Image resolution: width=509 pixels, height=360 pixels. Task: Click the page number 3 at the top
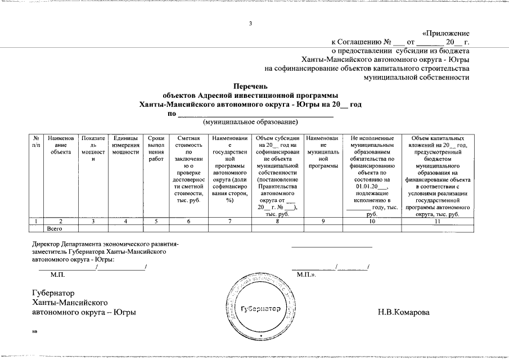(x=252, y=24)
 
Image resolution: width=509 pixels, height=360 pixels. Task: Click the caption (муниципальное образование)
(x=250, y=121)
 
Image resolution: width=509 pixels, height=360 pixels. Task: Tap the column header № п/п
(x=36, y=141)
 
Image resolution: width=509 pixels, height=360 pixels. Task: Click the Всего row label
(x=55, y=228)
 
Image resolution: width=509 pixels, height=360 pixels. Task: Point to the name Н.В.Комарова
(x=403, y=312)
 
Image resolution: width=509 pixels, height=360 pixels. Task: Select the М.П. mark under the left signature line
(x=58, y=274)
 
